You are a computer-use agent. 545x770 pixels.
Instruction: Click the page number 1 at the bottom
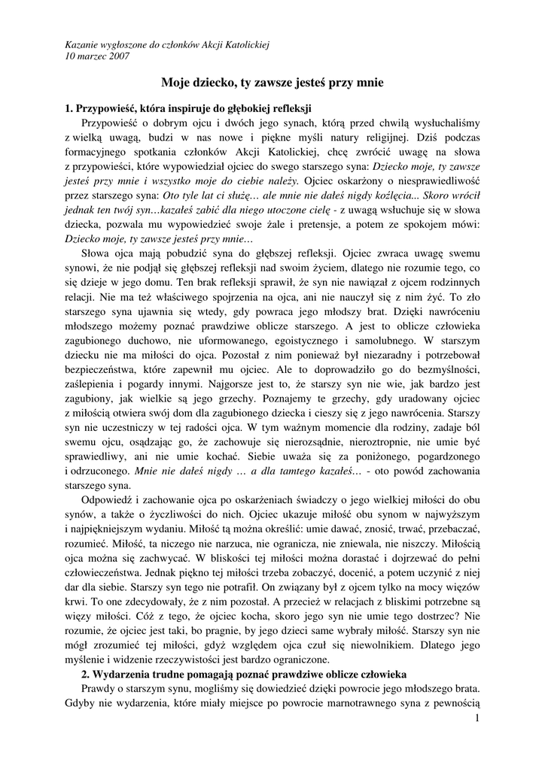pyautogui.click(x=477, y=720)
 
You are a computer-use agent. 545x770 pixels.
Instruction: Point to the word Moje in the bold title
pyautogui.click(x=178, y=85)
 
